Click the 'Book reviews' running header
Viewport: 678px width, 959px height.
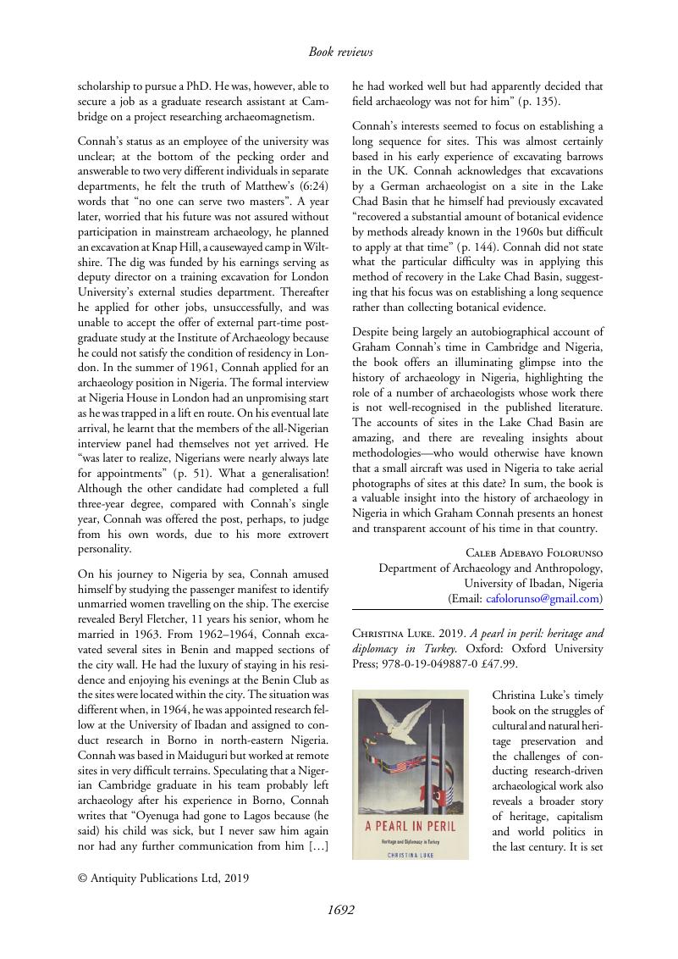340,53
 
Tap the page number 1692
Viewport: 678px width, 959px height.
340,910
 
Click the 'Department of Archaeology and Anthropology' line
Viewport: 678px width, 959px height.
491,568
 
